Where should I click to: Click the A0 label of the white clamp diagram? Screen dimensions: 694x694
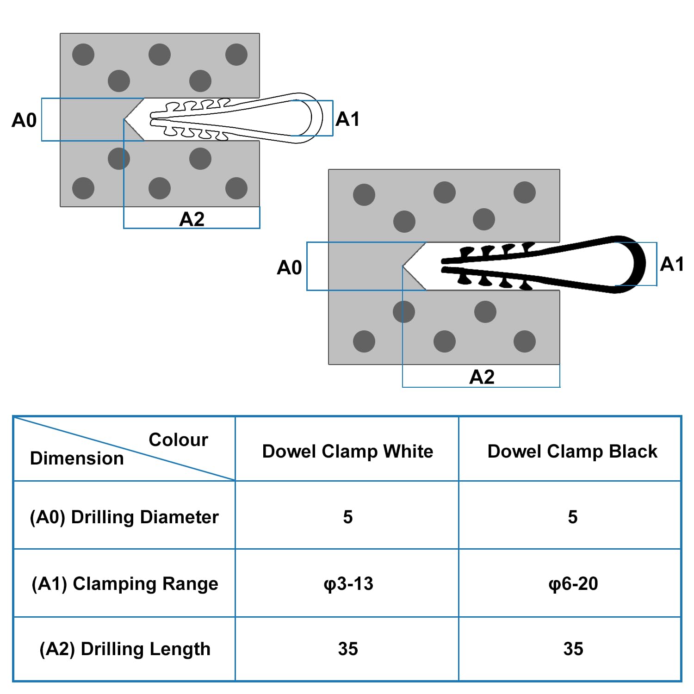[24, 120]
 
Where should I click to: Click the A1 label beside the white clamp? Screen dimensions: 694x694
[347, 119]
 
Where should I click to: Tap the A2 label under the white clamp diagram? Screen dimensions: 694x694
[192, 219]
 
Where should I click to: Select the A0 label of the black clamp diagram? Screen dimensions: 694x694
[289, 267]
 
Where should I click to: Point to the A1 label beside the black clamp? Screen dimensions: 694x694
[672, 264]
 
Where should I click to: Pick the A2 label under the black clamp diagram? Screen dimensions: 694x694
[482, 377]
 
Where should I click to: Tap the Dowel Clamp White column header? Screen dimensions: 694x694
[347, 451]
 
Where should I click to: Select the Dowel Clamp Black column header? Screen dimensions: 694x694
[572, 451]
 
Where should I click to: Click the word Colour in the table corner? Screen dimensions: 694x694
[179, 440]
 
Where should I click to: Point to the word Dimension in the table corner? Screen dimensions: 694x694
[77, 458]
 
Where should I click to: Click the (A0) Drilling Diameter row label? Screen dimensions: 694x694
[124, 517]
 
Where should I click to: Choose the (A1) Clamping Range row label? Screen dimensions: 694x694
[125, 584]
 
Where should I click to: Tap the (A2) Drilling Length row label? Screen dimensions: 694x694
[125, 649]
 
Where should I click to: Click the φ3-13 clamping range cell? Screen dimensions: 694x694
[348, 584]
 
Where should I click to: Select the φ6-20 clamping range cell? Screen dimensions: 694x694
[573, 584]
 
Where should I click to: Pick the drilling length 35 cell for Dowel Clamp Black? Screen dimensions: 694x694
[573, 649]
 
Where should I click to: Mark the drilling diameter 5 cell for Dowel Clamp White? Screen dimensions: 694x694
[348, 517]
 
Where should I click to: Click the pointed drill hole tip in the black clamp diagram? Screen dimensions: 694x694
[403, 266]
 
